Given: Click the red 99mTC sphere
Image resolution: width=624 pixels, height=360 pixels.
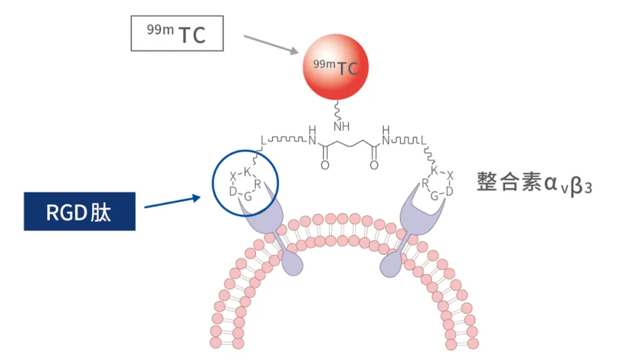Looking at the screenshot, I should coord(336,67).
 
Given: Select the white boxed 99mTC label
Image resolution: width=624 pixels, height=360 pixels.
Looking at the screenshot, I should coord(177,33).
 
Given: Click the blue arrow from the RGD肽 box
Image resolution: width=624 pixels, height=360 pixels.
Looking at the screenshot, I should coord(173,201).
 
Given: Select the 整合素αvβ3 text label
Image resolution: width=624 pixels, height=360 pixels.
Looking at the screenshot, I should coord(533,183).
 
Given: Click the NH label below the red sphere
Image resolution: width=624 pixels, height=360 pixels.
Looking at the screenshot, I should coord(341,127).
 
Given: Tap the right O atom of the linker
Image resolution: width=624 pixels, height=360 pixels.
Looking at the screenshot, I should coord(374,166).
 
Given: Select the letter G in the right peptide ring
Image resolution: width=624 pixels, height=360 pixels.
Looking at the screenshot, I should coord(434,196).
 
